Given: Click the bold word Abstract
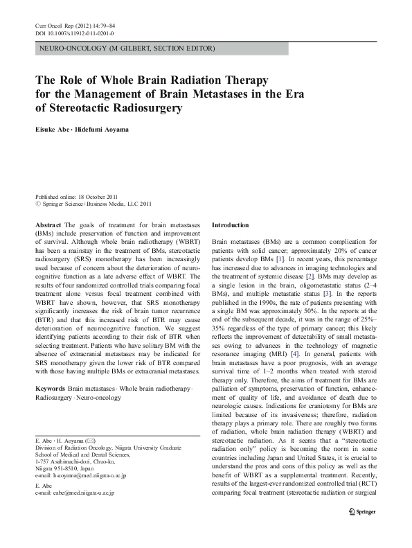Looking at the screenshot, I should pos(48,225).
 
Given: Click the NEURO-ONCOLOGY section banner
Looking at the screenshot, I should pos(127,48).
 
